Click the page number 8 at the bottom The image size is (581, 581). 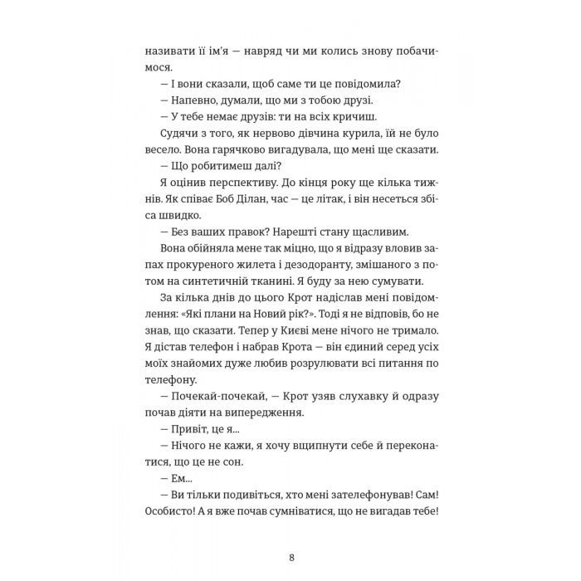290,558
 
